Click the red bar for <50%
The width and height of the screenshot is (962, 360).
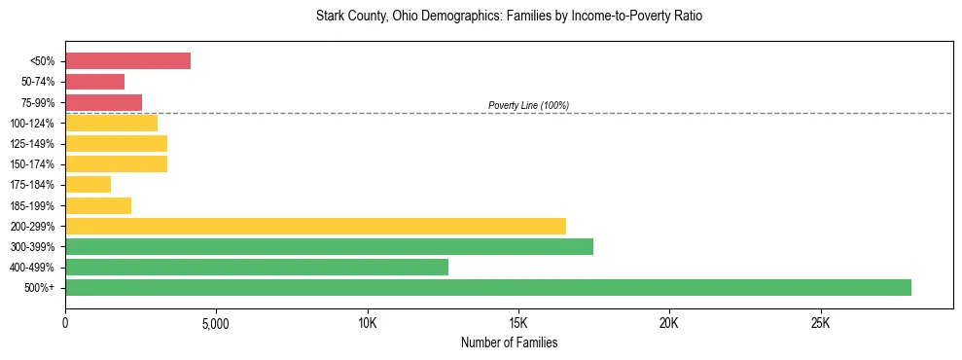(127, 60)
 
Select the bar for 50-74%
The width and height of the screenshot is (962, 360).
(94, 82)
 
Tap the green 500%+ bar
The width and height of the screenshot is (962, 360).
(487, 287)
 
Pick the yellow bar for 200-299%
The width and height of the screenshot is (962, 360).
(315, 226)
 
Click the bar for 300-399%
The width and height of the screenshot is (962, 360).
(329, 246)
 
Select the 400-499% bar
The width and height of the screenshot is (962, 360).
(257, 267)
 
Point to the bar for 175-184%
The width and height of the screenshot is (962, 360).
(88, 184)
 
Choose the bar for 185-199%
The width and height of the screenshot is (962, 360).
(98, 205)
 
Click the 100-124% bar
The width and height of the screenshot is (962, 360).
(111, 123)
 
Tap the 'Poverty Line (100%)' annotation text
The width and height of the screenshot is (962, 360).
(528, 105)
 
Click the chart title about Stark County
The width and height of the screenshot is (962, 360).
(509, 17)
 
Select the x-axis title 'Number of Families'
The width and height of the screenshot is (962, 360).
(509, 342)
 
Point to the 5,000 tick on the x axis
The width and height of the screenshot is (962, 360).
(216, 322)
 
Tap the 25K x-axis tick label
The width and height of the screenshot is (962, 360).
(820, 322)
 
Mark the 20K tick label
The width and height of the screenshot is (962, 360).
(669, 322)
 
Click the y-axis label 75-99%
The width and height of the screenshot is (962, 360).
(38, 102)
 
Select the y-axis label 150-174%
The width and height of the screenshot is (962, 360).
(35, 163)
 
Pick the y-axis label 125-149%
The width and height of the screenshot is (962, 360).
(35, 143)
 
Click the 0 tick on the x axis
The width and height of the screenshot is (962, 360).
(65, 322)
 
